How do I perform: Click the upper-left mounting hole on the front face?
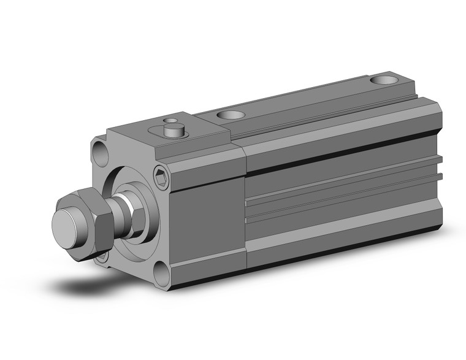click(100, 151)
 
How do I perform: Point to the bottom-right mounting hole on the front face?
click(161, 274)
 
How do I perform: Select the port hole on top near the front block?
click(231, 115)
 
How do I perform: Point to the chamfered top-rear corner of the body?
click(432, 111)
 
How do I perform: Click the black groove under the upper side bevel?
click(343, 153)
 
